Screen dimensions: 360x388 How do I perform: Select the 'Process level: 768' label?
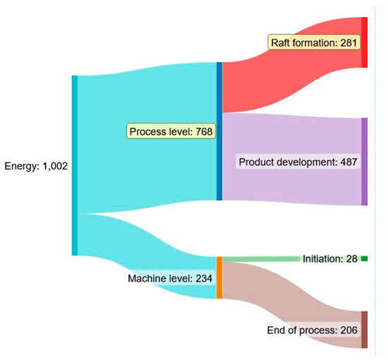pyautogui.click(x=171, y=131)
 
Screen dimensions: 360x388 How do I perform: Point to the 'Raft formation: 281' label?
pyautogui.click(x=315, y=42)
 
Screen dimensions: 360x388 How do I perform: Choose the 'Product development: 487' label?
pyautogui.click(x=299, y=162)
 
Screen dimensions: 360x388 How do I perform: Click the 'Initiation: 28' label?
pyautogui.click(x=330, y=259)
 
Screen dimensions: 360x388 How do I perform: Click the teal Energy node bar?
pyautogui.click(x=75, y=165)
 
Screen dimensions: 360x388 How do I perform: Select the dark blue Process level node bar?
pyautogui.click(x=219, y=131)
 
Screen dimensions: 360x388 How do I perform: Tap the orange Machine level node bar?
pyautogui.click(x=219, y=277)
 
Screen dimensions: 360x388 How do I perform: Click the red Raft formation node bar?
pyautogui.click(x=364, y=42)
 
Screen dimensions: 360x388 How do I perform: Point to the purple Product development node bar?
pyautogui.click(x=364, y=162)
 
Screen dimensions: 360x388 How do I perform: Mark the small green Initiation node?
pyautogui.click(x=364, y=259)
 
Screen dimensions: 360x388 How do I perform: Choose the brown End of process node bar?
pyautogui.click(x=364, y=330)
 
